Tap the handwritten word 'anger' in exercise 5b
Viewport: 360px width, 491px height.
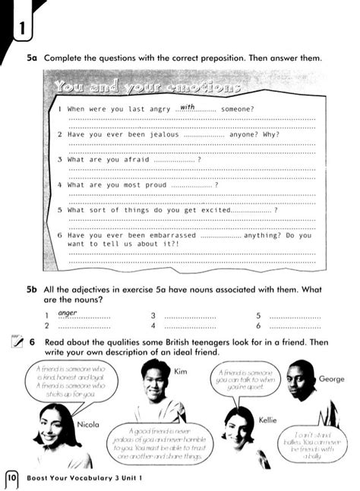pyautogui.click(x=68, y=311)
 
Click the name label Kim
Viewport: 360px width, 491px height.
pyautogui.click(x=181, y=372)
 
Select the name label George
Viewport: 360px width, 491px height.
pyautogui.click(x=331, y=379)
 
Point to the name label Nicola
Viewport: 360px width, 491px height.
pyautogui.click(x=88, y=425)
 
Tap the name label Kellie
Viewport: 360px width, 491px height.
pyautogui.click(x=267, y=420)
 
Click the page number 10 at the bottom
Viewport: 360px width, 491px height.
pyautogui.click(x=13, y=478)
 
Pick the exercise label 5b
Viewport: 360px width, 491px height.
pyautogui.click(x=32, y=289)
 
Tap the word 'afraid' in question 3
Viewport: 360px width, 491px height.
pyautogui.click(x=134, y=159)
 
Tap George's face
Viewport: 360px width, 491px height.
pyautogui.click(x=301, y=379)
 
